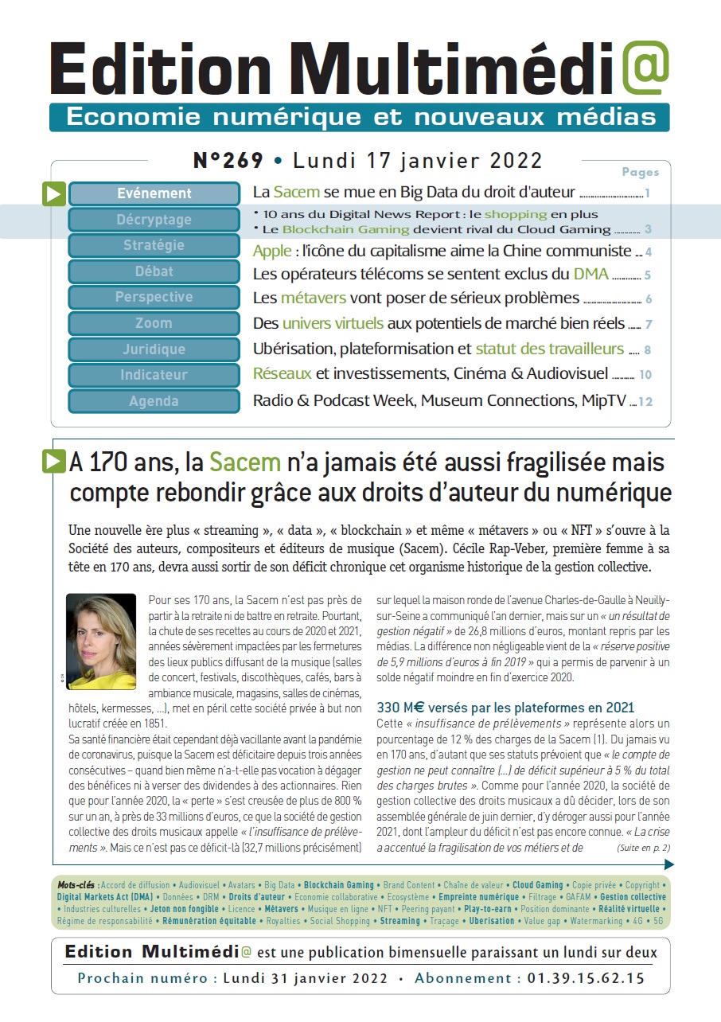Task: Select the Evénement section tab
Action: (154, 193)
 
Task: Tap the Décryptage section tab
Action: (154, 220)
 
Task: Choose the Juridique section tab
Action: (154, 349)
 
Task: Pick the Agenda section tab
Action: (154, 401)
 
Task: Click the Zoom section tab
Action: (154, 323)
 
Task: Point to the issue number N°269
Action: (228, 161)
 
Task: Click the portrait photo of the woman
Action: (101, 642)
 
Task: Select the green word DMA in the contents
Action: (590, 275)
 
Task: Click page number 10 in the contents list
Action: (645, 375)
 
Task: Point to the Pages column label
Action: (640, 172)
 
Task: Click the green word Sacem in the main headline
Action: (245, 462)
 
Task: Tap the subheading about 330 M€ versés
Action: (505, 708)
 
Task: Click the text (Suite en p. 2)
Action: (643, 848)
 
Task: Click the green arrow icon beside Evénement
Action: (54, 193)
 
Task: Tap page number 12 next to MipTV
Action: (645, 402)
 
